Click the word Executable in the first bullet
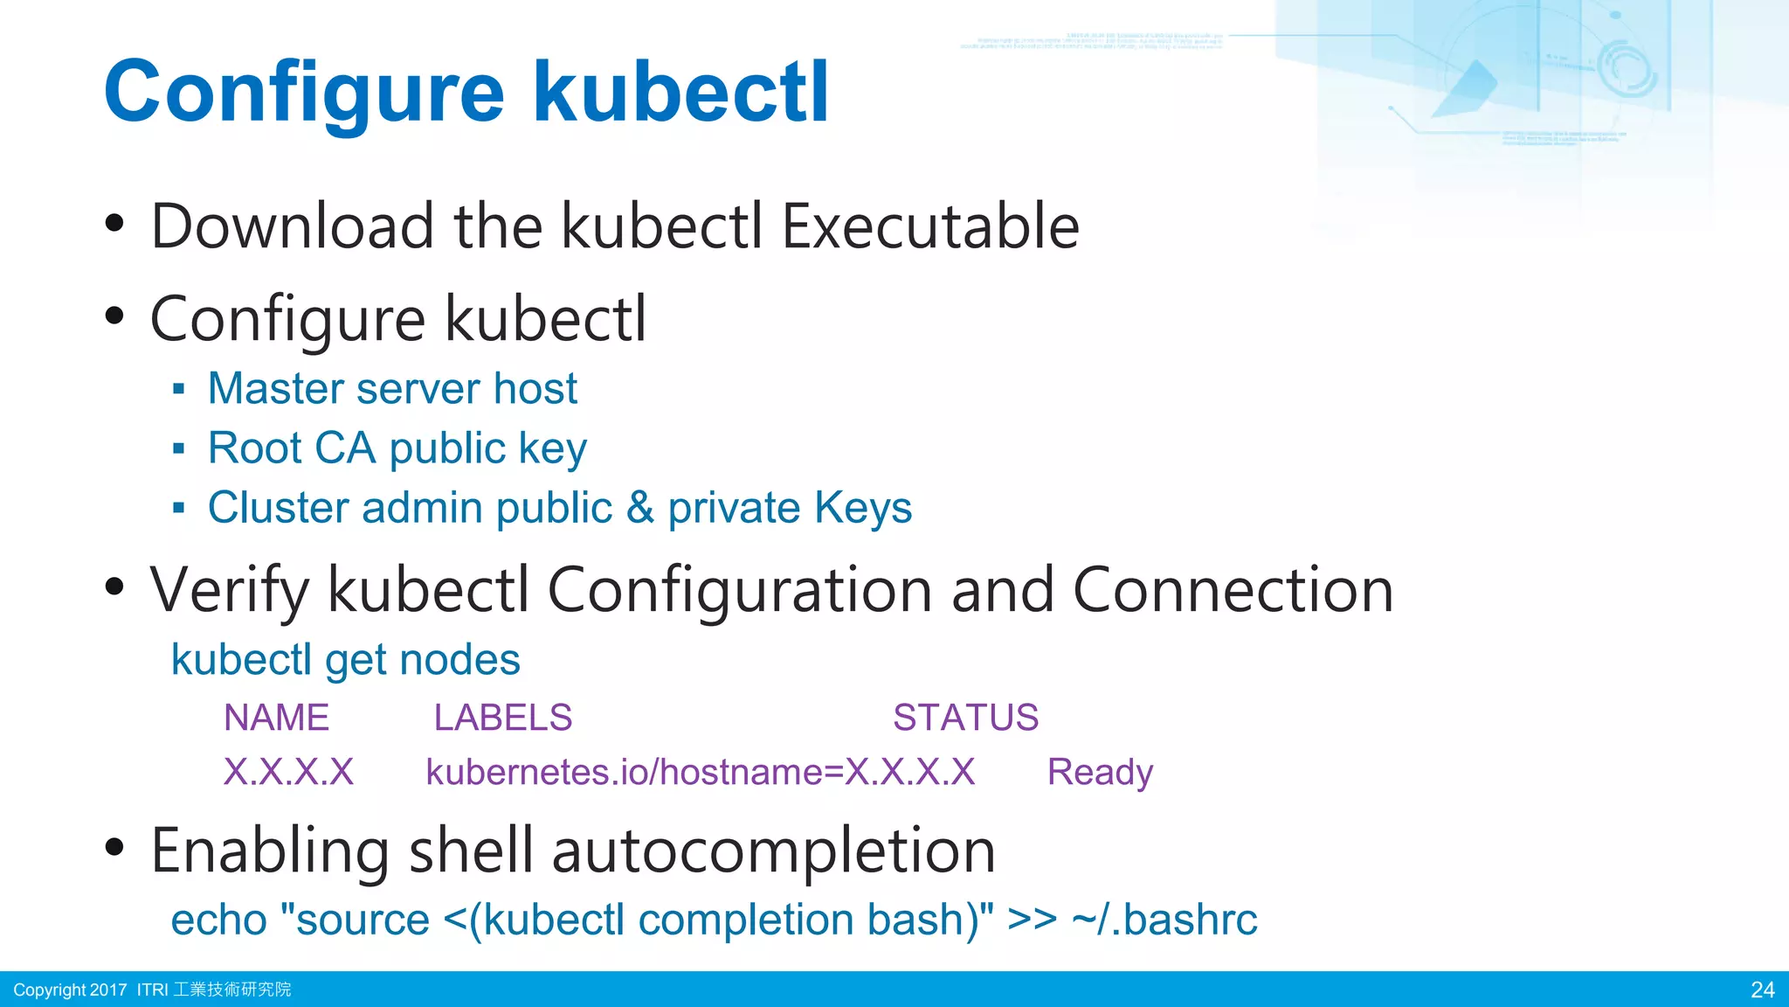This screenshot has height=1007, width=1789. pyautogui.click(x=929, y=226)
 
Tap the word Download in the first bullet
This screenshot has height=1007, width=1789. pyautogui.click(x=292, y=226)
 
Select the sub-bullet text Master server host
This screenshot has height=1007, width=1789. pyautogui.click(x=392, y=388)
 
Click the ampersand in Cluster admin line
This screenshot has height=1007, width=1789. pyautogui.click(x=639, y=508)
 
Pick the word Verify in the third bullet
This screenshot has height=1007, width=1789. pyautogui.click(x=229, y=590)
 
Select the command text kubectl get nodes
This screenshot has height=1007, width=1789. pyautogui.click(x=345, y=660)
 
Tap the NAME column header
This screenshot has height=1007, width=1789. pyautogui.click(x=276, y=718)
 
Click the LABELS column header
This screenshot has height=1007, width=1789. pyautogui.click(x=502, y=718)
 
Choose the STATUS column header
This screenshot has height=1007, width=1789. pyautogui.click(x=965, y=718)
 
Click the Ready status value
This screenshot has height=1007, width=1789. pyautogui.click(x=1100, y=773)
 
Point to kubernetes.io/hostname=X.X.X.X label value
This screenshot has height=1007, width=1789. pyautogui.click(x=700, y=773)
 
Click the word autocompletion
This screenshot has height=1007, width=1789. pyautogui.click(x=773, y=851)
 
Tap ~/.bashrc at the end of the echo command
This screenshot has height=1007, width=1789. pyautogui.click(x=1164, y=920)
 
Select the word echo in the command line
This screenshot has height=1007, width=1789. pyautogui.click(x=218, y=920)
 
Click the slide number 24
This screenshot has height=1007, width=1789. pyautogui.click(x=1762, y=990)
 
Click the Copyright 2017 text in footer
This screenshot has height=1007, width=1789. pyautogui.click(x=70, y=990)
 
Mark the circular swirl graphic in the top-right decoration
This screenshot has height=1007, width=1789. pyautogui.click(x=1627, y=68)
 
